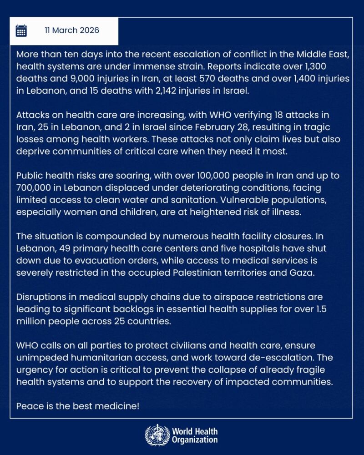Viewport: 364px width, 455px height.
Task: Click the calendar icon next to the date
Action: (21, 30)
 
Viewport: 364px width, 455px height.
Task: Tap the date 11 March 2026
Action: (72, 30)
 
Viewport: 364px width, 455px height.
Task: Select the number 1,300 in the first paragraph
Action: (334, 66)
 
